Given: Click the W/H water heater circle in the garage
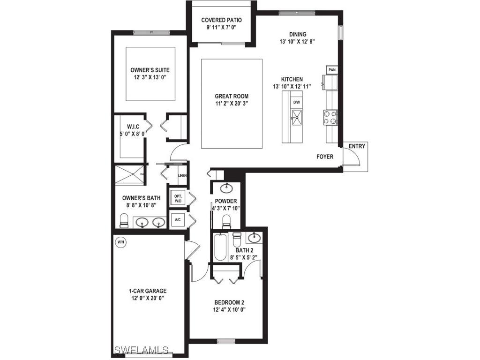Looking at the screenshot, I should click(x=121, y=242).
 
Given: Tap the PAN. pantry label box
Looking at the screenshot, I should click(x=332, y=70).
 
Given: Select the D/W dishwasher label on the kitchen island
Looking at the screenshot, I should click(x=296, y=102).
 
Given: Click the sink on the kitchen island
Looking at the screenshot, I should click(x=296, y=115).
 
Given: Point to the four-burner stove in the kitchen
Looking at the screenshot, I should click(x=331, y=117).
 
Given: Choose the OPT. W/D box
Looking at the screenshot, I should click(x=178, y=198).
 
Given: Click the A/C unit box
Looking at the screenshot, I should click(x=178, y=219).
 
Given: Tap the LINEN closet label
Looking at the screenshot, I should click(x=182, y=176).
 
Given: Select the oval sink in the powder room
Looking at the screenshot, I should click(x=226, y=188).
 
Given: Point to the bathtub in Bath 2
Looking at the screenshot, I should click(x=219, y=247).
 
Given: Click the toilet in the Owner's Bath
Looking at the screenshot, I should click(x=124, y=219).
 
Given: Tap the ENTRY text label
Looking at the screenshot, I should click(x=357, y=146).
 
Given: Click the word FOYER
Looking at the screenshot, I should click(x=325, y=157).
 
